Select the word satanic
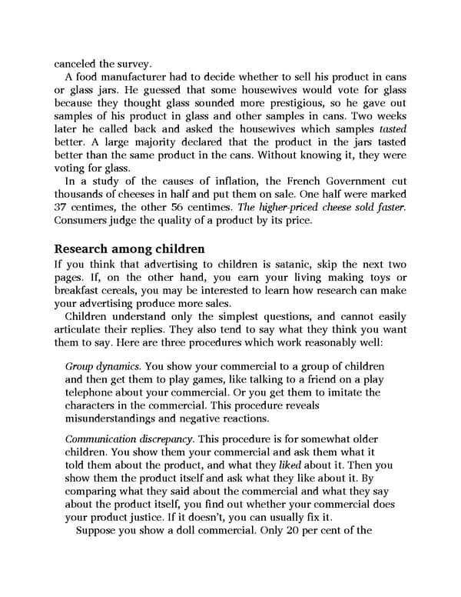(x=285, y=268)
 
